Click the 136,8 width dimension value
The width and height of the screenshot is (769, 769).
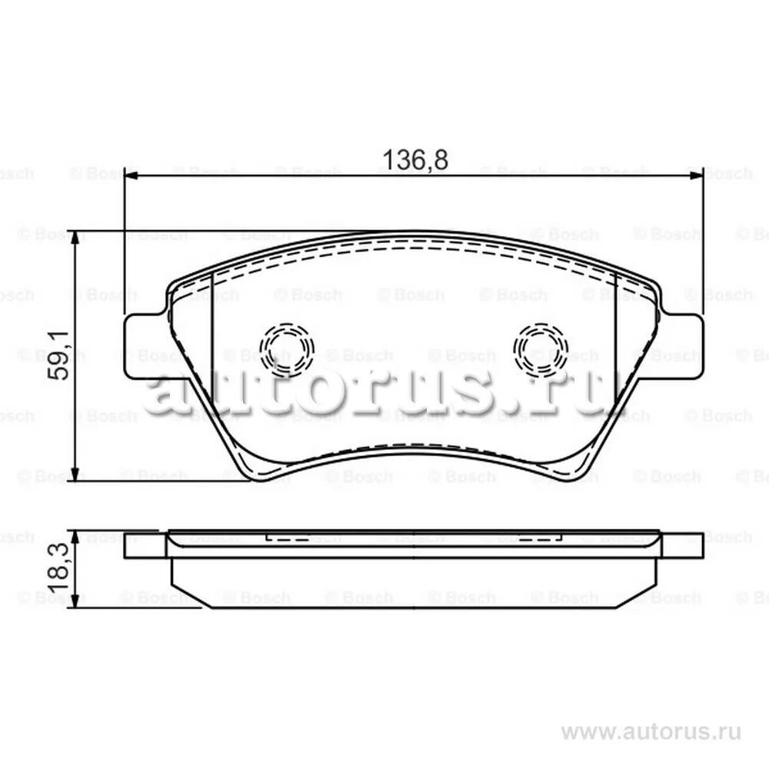414,160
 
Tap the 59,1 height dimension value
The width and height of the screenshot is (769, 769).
60,355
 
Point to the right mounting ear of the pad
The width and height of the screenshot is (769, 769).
682,346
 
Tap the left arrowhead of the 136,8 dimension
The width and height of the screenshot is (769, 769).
131,175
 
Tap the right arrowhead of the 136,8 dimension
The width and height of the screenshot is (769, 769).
697,175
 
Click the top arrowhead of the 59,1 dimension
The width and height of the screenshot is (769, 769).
75,238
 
